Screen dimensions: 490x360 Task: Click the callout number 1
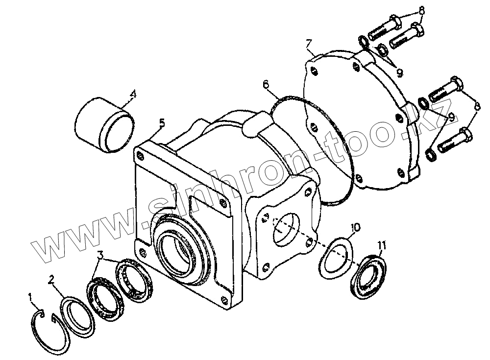click(x=31, y=297)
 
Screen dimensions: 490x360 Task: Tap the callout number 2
click(x=51, y=280)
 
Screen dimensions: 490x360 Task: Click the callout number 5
click(x=162, y=122)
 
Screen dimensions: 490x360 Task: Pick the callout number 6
click(x=266, y=85)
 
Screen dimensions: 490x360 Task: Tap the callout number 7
click(x=309, y=45)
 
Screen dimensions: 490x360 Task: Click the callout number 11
click(x=382, y=244)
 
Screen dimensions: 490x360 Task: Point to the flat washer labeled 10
click(x=337, y=257)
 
